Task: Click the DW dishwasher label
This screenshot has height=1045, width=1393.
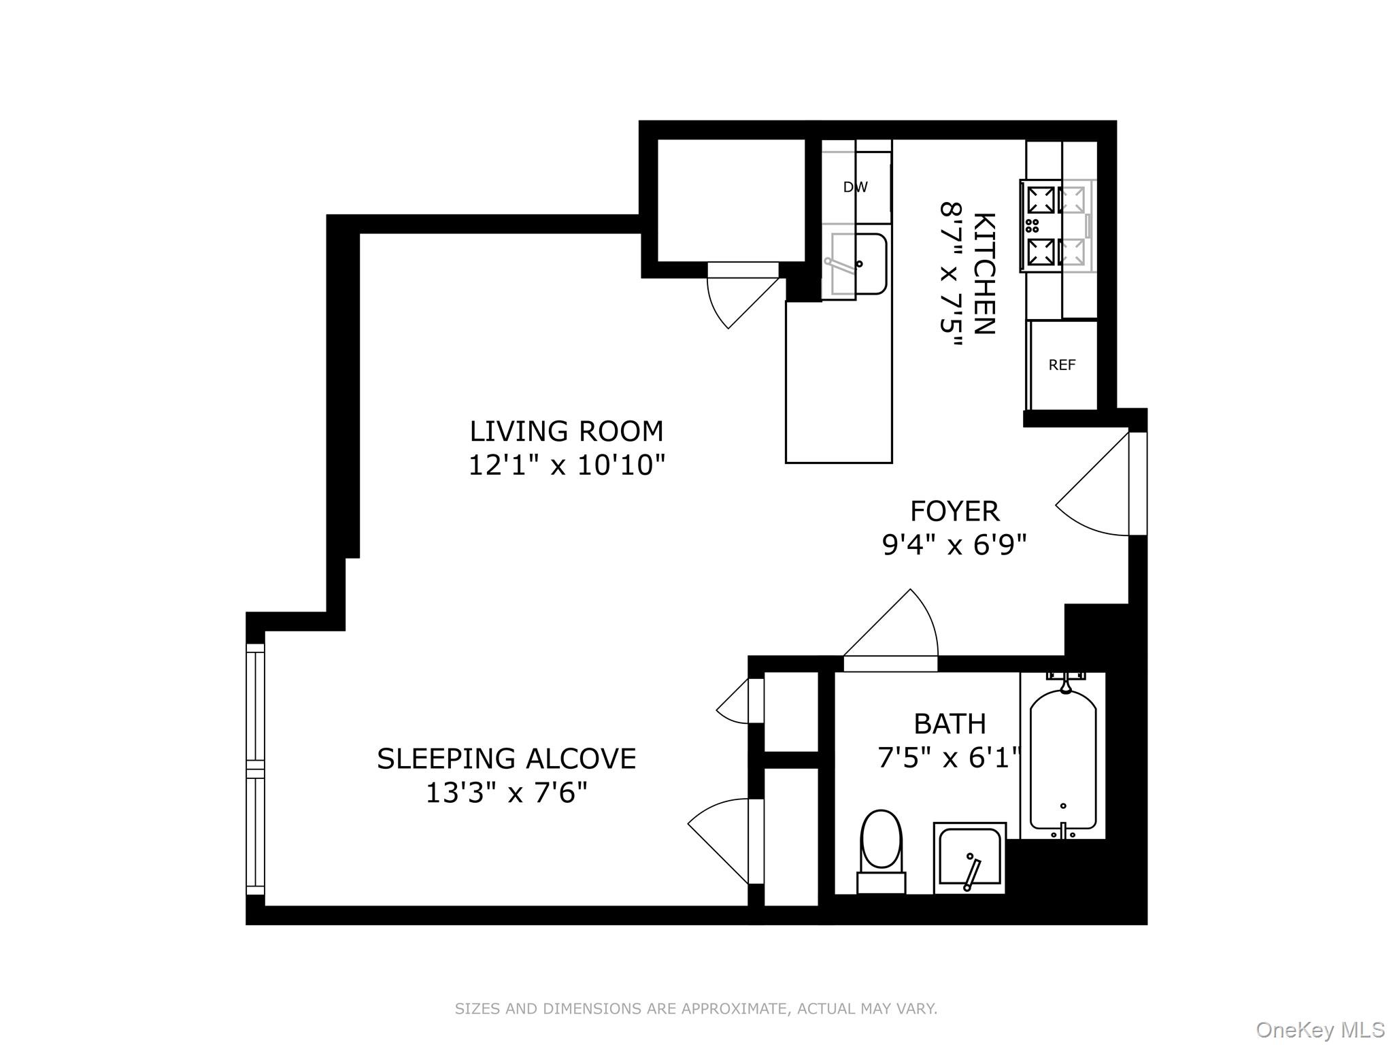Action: tap(855, 187)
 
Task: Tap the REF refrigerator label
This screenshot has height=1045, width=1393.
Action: tap(1062, 365)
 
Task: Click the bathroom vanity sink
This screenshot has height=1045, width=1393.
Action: tap(969, 858)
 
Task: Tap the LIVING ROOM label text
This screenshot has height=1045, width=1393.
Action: tap(566, 431)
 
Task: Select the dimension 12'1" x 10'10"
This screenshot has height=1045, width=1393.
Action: tap(566, 466)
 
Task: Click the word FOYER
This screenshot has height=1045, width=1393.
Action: tap(954, 511)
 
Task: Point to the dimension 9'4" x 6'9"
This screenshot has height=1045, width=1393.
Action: tap(954, 545)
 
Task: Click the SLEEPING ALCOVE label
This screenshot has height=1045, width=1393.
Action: tap(506, 759)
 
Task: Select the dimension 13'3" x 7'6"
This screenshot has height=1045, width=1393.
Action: tap(506, 793)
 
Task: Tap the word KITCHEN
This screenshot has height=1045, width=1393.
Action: tap(984, 273)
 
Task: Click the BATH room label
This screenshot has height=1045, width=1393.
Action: tap(950, 724)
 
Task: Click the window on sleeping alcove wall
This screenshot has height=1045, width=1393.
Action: tap(255, 769)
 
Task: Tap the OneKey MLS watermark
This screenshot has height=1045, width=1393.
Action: tap(1320, 1030)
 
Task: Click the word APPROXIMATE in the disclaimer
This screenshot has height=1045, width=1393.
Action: tap(734, 1008)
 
